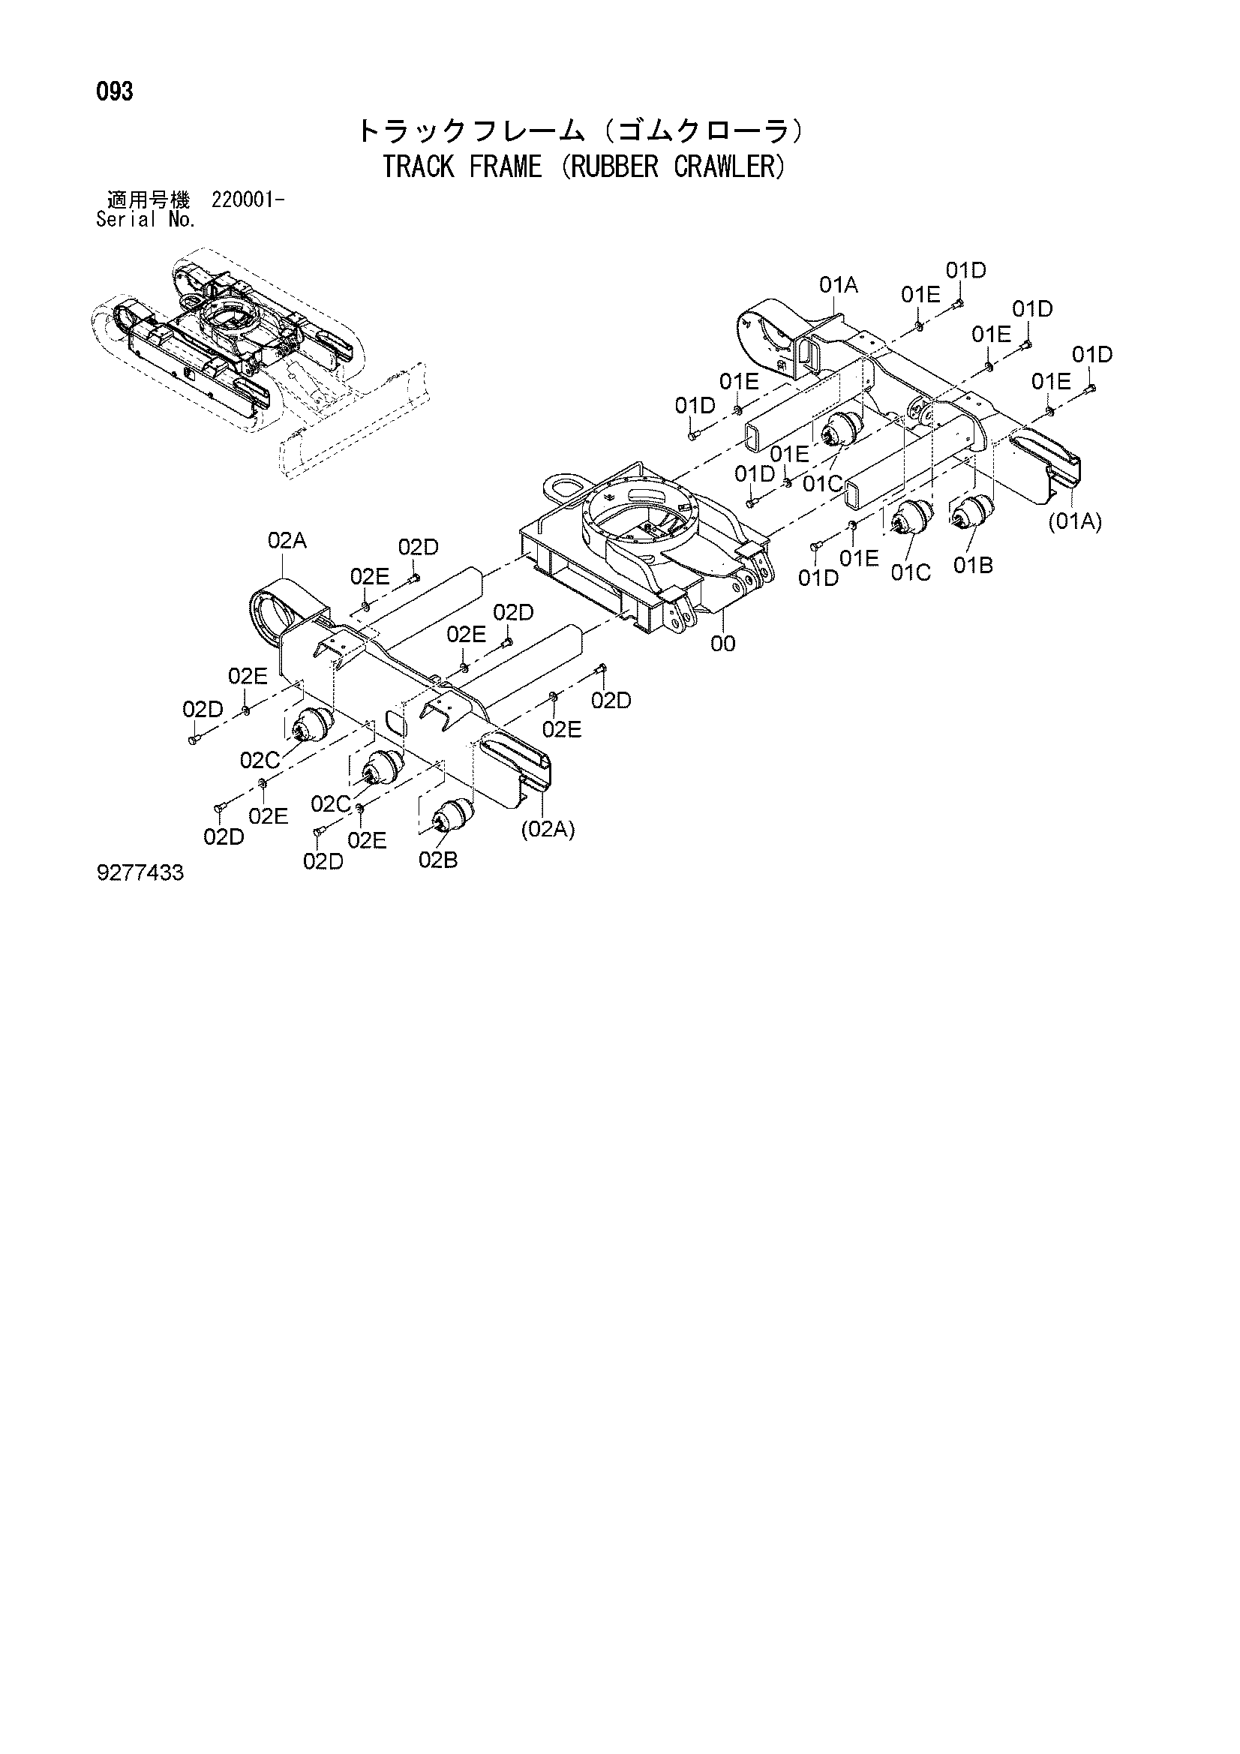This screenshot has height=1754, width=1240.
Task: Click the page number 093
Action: (115, 92)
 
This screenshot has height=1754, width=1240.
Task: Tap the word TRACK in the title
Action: (419, 167)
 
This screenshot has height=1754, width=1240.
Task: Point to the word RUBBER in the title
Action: (614, 167)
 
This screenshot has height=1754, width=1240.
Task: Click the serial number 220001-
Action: (248, 201)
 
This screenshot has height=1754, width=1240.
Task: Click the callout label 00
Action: (722, 644)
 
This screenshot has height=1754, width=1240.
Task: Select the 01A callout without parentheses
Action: (839, 286)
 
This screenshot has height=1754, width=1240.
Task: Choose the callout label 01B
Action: (974, 566)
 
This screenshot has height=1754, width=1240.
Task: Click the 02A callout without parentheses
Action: (287, 541)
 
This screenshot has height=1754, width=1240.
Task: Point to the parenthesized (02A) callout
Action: (548, 830)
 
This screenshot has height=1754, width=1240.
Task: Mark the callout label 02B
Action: (438, 860)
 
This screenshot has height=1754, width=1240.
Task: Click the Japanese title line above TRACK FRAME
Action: (580, 132)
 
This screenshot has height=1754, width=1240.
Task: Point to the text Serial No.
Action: (146, 220)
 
